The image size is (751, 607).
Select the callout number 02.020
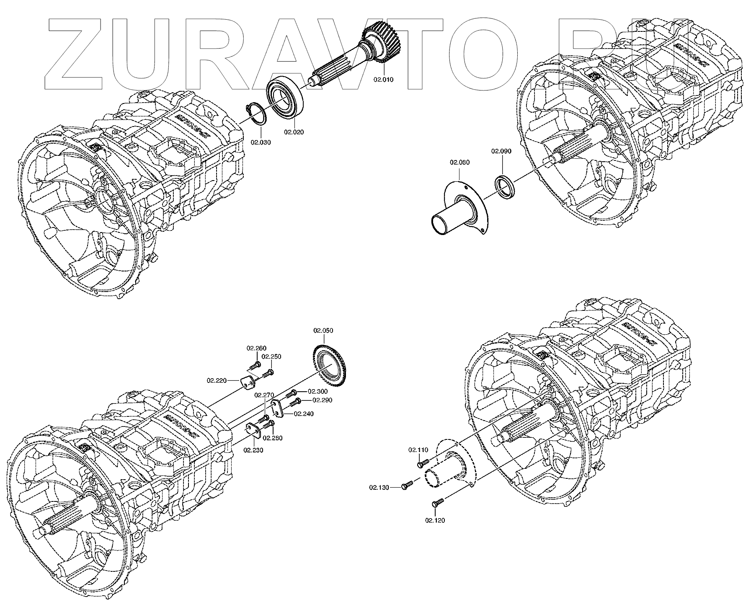tap(294, 132)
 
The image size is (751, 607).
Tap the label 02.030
tap(261, 142)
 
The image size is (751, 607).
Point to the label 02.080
tap(459, 162)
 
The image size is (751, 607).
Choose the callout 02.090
tap(501, 151)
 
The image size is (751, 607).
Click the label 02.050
tap(323, 331)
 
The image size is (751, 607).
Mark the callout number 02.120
tap(435, 520)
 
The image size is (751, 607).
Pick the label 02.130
tap(379, 487)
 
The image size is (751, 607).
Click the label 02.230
tap(253, 450)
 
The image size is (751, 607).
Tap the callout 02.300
tap(317, 391)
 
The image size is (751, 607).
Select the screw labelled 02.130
tap(407, 486)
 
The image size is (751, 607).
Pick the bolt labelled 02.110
tap(423, 463)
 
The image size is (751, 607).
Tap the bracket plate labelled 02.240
tap(277, 408)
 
